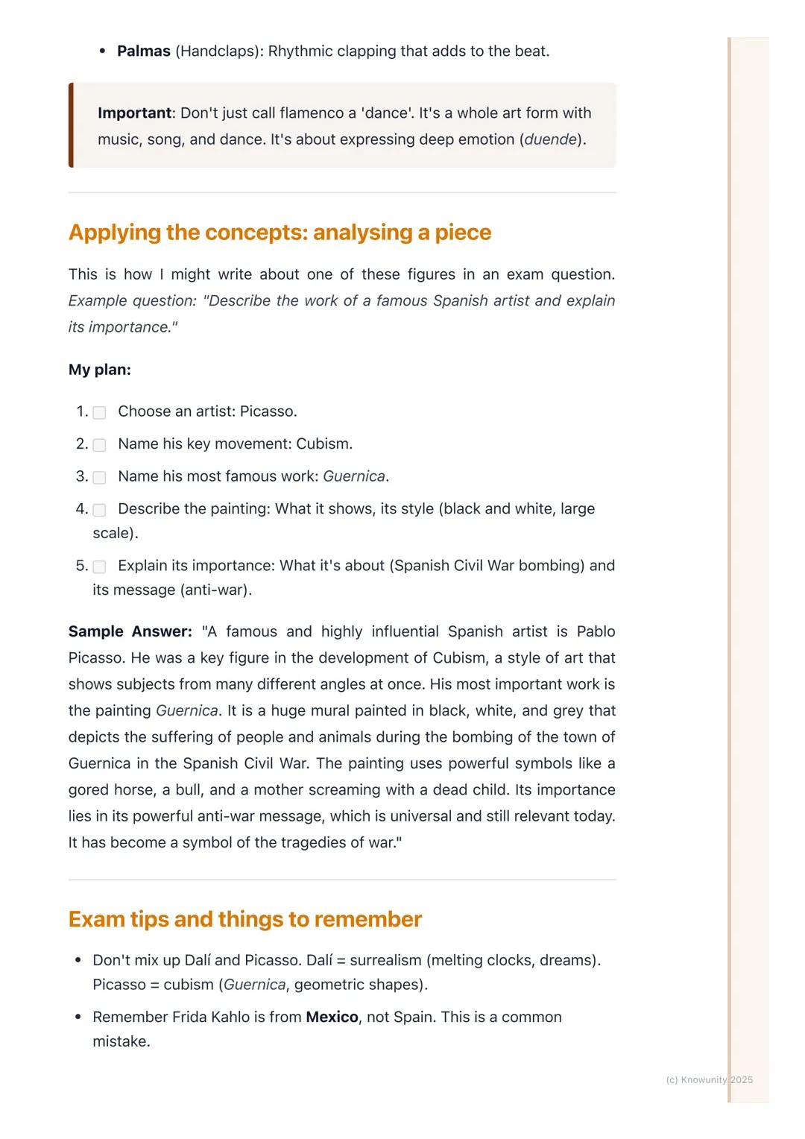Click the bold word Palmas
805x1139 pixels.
[x=144, y=51]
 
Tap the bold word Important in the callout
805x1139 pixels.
[x=134, y=113]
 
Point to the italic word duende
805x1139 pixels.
[x=550, y=139]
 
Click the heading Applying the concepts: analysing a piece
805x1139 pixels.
[x=280, y=233]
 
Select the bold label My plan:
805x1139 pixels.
[x=99, y=370]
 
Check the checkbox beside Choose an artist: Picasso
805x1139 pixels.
[x=99, y=412]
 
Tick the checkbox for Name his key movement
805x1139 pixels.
[x=99, y=445]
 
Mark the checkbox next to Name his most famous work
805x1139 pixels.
[x=99, y=477]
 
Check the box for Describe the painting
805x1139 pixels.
[x=99, y=510]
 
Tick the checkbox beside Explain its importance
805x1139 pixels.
[x=99, y=567]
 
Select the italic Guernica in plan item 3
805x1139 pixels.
[x=354, y=476]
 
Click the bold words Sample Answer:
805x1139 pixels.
[x=130, y=631]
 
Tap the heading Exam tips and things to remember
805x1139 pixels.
[x=244, y=919]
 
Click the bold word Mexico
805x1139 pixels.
[x=332, y=1017]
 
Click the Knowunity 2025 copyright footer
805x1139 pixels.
[x=709, y=1079]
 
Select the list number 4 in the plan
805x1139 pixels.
[x=81, y=509]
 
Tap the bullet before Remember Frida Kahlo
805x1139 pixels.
[x=78, y=1017]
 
